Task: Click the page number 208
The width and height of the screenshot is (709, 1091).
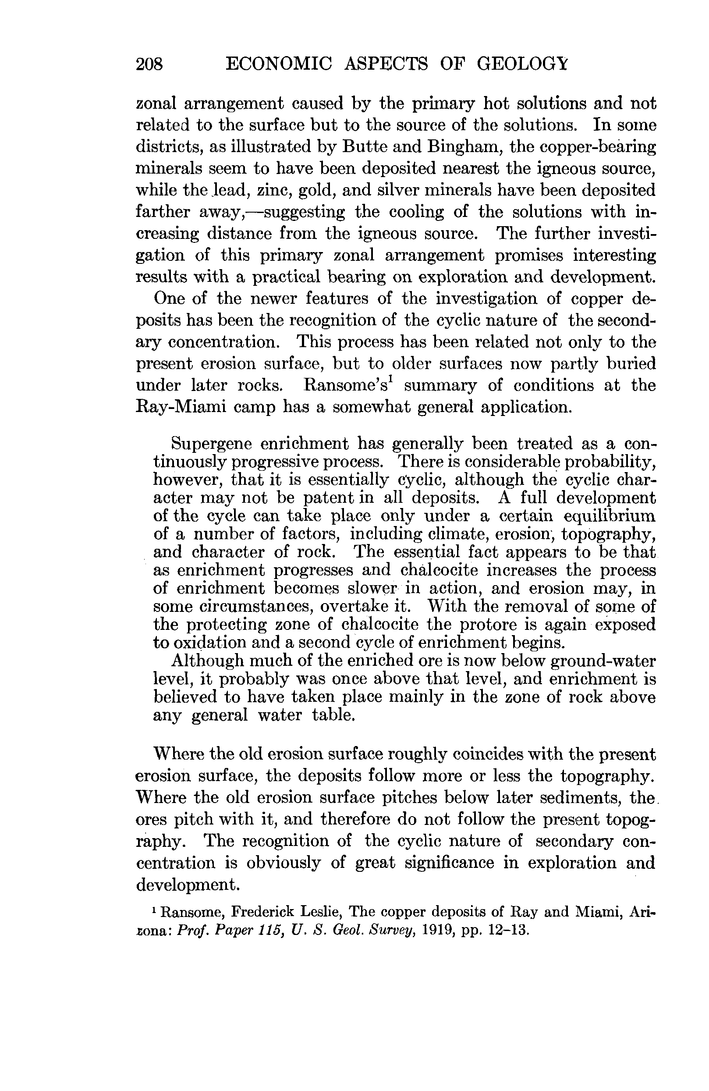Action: coord(149,64)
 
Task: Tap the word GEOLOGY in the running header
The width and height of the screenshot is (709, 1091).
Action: coord(522,64)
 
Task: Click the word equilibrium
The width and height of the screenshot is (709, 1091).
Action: coord(609,516)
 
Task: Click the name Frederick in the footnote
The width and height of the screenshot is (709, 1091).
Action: coord(262,912)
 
